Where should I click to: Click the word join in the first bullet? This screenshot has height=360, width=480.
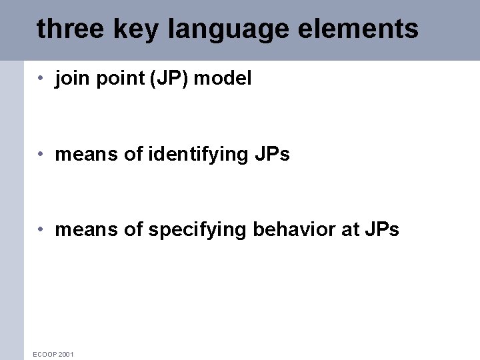[70, 79]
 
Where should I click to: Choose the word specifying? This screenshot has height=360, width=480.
[197, 231]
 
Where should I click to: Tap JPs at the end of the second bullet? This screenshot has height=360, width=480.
[272, 155]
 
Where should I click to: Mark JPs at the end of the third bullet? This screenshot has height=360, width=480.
[381, 230]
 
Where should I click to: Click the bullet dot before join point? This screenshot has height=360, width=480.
[41, 79]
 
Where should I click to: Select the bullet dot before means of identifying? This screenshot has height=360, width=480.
[41, 155]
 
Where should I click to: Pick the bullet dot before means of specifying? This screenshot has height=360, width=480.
[41, 230]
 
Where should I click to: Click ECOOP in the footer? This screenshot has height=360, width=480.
[44, 354]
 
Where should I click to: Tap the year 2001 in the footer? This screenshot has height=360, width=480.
[66, 354]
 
